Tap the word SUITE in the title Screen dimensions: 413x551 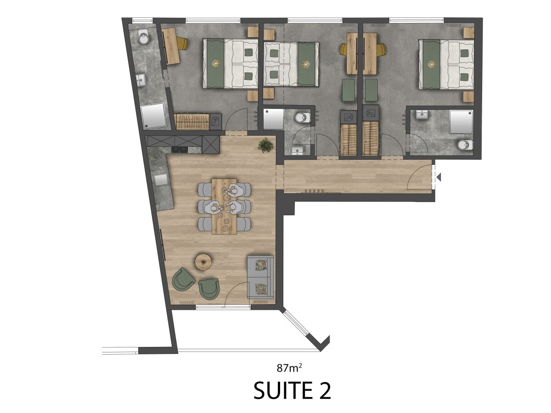point(281,390)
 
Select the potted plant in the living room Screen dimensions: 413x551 point(265,145)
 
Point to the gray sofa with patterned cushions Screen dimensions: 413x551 point(260,277)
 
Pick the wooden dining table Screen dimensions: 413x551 point(225,206)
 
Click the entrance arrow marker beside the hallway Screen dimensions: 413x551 point(439,177)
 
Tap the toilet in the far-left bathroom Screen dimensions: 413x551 point(143,38)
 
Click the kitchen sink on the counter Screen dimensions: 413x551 point(161,179)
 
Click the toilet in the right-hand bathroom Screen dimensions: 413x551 point(465,145)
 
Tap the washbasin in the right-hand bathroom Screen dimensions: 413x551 point(422,116)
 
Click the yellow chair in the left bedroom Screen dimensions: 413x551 point(182,43)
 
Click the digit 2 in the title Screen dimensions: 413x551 point(323,390)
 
